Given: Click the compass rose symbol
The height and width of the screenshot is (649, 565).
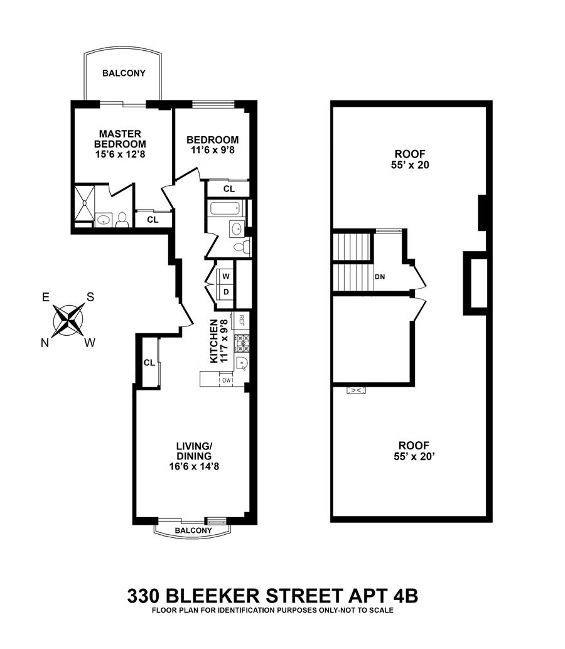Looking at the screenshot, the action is [x=68, y=319].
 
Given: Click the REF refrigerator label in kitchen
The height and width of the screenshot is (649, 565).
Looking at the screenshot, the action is [x=241, y=320].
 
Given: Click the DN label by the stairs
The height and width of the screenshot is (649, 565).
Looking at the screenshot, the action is [x=379, y=276].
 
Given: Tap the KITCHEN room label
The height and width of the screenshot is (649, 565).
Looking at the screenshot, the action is [x=215, y=341].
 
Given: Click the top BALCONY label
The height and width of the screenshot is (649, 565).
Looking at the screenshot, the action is [x=124, y=73].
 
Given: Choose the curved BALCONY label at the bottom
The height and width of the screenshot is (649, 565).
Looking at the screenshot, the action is [x=193, y=531].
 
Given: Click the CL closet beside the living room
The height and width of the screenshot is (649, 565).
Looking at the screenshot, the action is [x=149, y=362].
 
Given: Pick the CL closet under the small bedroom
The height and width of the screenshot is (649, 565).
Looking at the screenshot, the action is [x=229, y=188].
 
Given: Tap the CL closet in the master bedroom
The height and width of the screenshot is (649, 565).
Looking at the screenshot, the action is [x=153, y=220].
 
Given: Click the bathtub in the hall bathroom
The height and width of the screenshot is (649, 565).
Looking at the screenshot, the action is [x=227, y=210].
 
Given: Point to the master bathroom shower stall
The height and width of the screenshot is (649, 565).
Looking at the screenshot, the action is [x=83, y=205].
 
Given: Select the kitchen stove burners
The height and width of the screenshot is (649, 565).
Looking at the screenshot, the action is [x=242, y=343].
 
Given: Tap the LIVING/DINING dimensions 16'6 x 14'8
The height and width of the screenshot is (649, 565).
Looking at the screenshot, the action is [x=193, y=466].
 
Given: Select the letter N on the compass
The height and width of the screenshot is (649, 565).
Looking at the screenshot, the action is [x=45, y=342].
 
